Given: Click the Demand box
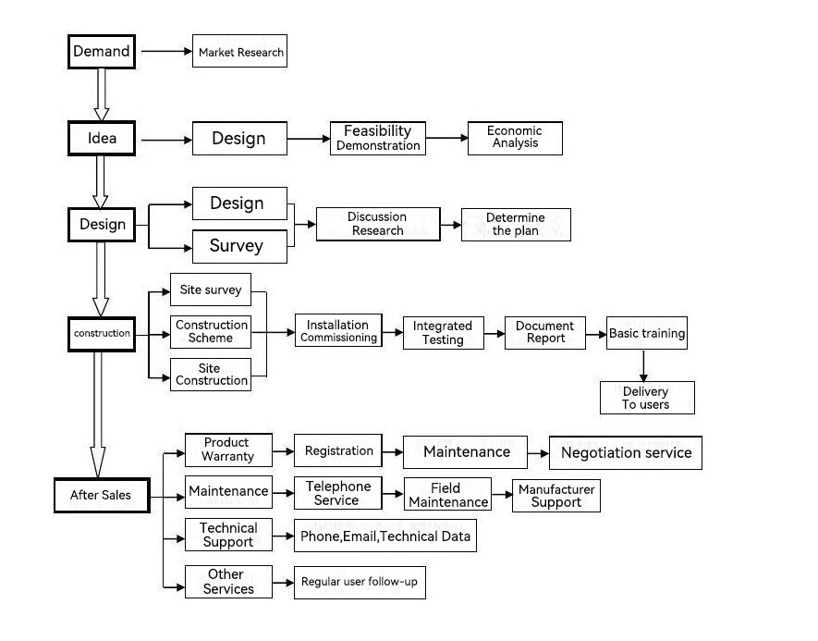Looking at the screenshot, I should [102, 52].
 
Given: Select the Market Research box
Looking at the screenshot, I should [240, 52].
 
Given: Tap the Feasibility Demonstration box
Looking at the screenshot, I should [377, 138].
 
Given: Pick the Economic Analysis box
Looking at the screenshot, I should [515, 138].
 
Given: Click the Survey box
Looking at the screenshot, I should [239, 245].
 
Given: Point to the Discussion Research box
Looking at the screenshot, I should [377, 224].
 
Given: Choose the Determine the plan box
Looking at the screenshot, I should [516, 224].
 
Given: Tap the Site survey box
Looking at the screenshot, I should [211, 290].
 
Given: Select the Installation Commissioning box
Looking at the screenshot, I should [338, 331].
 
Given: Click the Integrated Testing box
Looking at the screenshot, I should [443, 333].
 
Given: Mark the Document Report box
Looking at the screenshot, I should [545, 332].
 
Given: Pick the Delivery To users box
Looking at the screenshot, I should [647, 398].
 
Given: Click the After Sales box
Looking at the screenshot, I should [101, 495].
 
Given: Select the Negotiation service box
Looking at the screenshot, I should [626, 452].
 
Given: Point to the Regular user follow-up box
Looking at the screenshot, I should [360, 582].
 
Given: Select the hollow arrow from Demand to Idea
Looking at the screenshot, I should [102, 94].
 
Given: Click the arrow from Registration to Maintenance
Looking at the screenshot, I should [392, 452].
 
